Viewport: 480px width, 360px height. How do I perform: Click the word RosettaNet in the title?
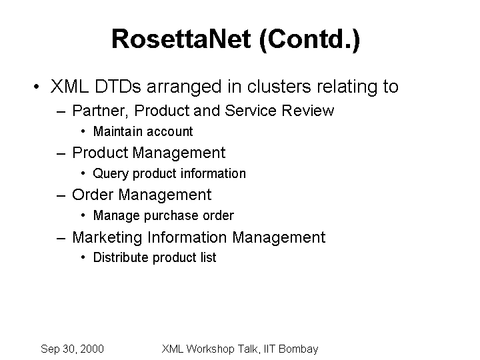[x=181, y=39]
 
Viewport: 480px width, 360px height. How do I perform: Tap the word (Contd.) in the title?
[x=309, y=40]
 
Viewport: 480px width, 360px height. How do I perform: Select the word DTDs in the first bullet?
[x=118, y=86]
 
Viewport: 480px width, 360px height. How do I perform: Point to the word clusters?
[x=279, y=86]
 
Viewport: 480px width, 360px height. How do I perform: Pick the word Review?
[x=307, y=111]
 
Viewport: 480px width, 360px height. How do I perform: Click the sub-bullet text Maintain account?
[x=143, y=131]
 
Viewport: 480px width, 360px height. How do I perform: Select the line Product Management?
[x=149, y=153]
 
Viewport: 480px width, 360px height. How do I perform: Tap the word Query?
[x=111, y=174]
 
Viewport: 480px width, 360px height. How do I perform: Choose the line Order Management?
[x=142, y=195]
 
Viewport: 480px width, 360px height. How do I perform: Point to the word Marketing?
[x=107, y=237]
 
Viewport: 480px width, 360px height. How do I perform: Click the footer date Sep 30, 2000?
[x=72, y=349]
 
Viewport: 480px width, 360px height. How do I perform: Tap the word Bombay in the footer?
[x=299, y=349]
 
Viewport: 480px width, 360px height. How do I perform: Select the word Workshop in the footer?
[x=210, y=349]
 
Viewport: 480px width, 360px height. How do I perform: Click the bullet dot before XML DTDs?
[x=37, y=87]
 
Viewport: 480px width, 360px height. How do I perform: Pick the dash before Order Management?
[x=61, y=195]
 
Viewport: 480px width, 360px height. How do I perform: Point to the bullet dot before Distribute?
[x=83, y=258]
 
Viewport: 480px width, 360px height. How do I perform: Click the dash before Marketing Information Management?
[x=61, y=238]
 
